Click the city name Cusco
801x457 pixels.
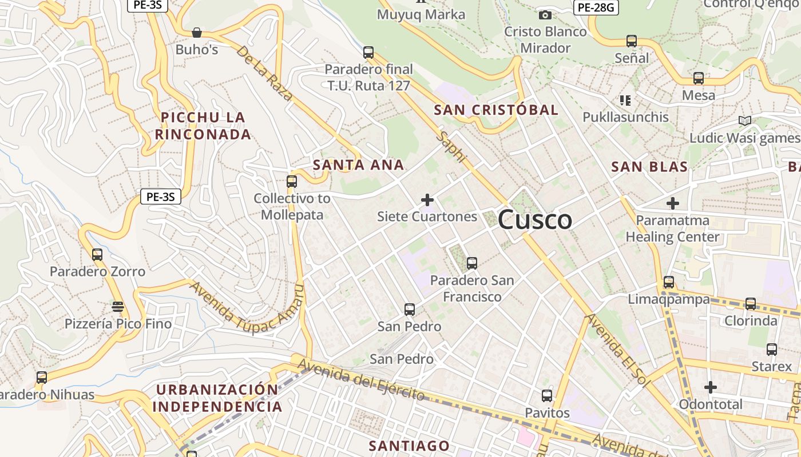coord(535,220)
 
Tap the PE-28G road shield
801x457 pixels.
coord(596,7)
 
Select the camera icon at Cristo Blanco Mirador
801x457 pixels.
coord(545,15)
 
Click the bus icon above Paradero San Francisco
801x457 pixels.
coord(472,263)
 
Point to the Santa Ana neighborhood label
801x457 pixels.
coord(359,165)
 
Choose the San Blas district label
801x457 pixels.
coord(649,167)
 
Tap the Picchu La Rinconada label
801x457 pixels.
coord(203,126)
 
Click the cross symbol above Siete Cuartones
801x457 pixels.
coord(427,200)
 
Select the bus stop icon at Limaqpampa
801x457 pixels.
coord(669,282)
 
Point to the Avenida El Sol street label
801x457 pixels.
coord(617,350)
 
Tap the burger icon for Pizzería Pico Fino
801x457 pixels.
coord(118,307)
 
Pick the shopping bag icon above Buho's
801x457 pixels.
coord(197,33)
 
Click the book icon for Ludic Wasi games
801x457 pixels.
coord(744,121)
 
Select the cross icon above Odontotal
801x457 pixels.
coord(711,387)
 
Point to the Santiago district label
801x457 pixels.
coord(409,446)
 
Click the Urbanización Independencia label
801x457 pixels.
coord(217,398)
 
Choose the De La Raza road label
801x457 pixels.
coord(264,73)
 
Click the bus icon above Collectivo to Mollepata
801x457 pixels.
coord(292,182)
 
